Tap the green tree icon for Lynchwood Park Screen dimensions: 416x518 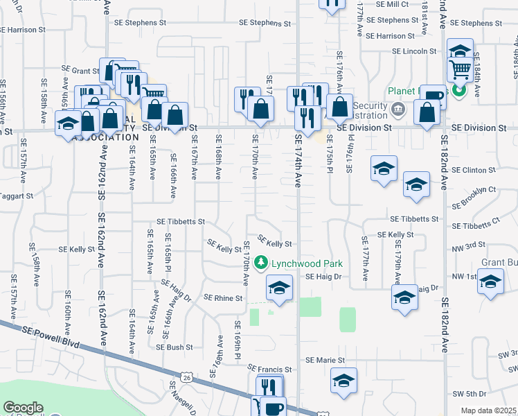coord(261,263)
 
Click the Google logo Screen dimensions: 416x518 coord(23,408)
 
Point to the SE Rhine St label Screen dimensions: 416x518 coord(224,298)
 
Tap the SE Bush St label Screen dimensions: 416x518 coord(174,347)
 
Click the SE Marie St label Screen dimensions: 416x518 coord(325,361)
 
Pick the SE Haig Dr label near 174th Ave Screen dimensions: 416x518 coord(325,277)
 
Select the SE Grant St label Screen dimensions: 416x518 coord(81,70)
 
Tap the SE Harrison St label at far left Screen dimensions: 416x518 coord(22,31)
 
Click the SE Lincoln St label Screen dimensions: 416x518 coord(414,51)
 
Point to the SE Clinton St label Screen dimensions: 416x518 coord(474,170)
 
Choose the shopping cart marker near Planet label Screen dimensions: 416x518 coord(460,69)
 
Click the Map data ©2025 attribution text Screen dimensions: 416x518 coord(488,410)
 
